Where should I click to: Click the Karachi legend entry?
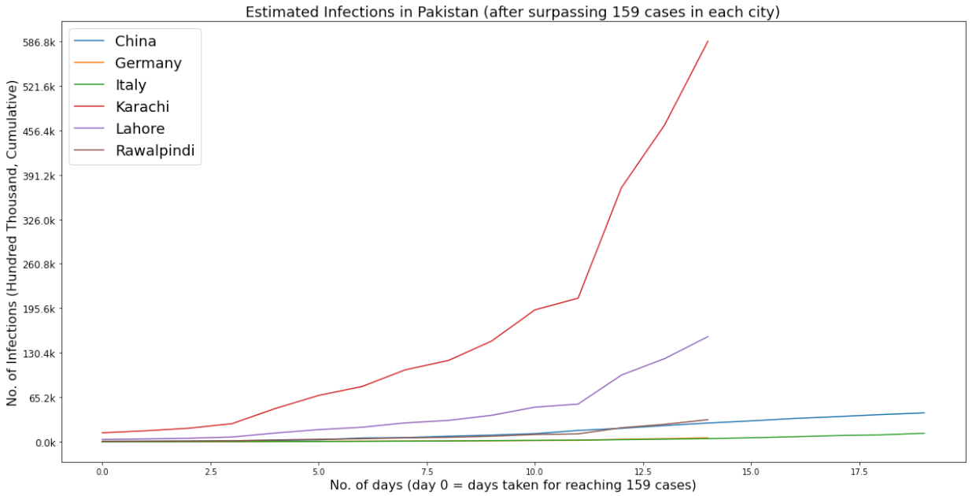(142, 106)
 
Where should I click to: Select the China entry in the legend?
(135, 41)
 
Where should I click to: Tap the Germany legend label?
(148, 63)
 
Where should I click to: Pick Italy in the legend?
(130, 85)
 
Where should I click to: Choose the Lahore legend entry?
(139, 128)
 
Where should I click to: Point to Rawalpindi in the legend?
(154, 150)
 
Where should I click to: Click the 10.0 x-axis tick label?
(534, 472)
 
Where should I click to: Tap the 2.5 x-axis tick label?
(210, 472)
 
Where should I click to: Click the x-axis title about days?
(511, 486)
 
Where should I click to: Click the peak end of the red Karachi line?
(708, 41)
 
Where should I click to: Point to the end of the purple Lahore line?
(708, 336)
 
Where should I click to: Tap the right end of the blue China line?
(924, 413)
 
